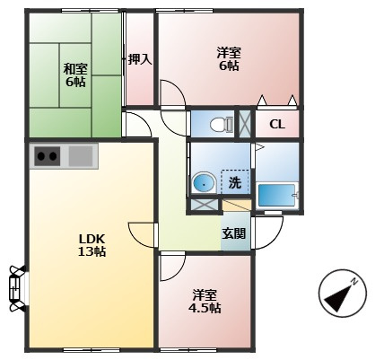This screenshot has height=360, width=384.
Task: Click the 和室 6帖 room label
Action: [75, 75]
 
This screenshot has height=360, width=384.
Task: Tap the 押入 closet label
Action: [140, 60]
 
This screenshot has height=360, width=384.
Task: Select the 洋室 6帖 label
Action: [229, 59]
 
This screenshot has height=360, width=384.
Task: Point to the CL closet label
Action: [277, 125]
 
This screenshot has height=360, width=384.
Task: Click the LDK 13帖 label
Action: [92, 245]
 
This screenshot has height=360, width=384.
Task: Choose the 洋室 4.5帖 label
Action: [206, 301]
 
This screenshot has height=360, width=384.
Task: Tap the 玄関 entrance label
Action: [233, 233]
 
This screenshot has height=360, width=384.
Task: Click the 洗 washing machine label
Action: [235, 182]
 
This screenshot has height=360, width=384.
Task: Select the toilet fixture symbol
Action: [222, 125]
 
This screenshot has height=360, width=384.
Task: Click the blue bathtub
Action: [276, 195]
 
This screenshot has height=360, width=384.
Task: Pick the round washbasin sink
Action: [204, 182]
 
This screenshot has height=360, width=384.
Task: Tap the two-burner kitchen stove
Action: [48, 156]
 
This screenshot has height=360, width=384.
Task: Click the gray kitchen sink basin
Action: [81, 156]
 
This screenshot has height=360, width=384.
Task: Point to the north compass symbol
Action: [342, 293]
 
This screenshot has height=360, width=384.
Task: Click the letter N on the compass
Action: [354, 281]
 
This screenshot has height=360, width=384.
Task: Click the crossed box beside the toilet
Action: [245, 124]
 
